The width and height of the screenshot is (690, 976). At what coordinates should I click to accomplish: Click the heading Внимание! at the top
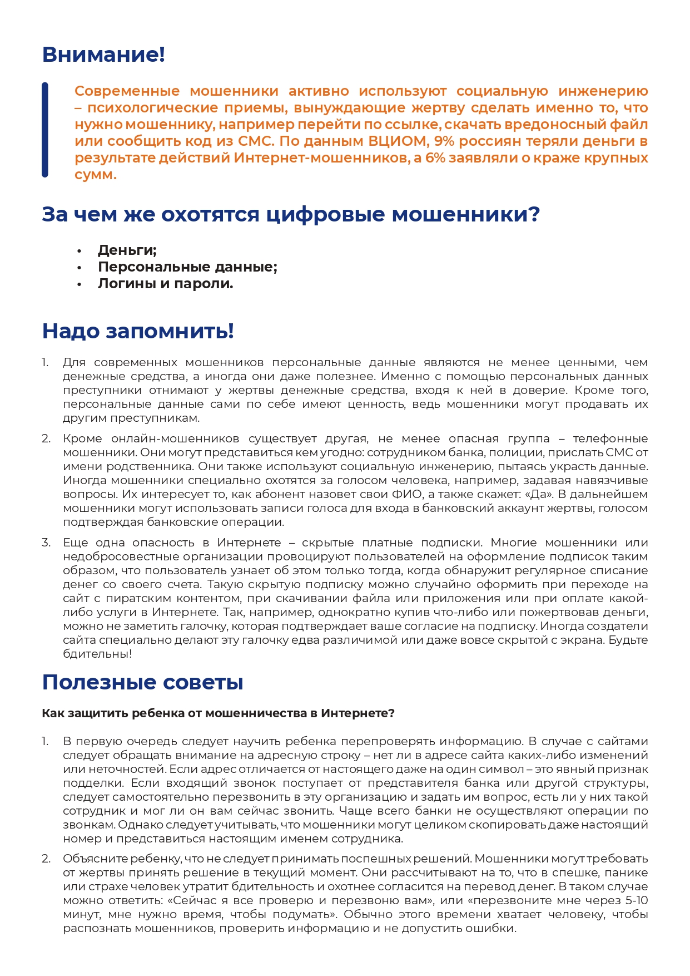pyautogui.click(x=103, y=55)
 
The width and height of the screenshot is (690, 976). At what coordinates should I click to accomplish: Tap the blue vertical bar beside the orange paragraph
pyautogui.click(x=45, y=130)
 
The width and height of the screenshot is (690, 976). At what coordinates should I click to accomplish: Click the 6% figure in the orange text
pyautogui.click(x=435, y=158)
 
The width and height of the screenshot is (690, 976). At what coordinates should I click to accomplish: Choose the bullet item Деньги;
pyautogui.click(x=127, y=250)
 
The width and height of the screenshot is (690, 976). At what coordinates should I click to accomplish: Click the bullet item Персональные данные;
pyautogui.click(x=187, y=267)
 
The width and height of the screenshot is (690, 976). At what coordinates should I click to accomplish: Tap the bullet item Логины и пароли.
pyautogui.click(x=165, y=284)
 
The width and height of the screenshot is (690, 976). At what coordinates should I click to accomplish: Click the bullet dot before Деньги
pyautogui.click(x=80, y=252)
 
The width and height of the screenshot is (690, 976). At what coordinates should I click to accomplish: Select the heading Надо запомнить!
pyautogui.click(x=138, y=331)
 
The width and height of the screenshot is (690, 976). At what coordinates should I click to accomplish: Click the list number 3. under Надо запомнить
pyautogui.click(x=46, y=543)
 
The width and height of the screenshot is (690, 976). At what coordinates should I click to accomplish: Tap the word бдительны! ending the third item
pyautogui.click(x=97, y=654)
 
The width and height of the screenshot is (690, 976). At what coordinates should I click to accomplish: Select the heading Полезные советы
pyautogui.click(x=143, y=682)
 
